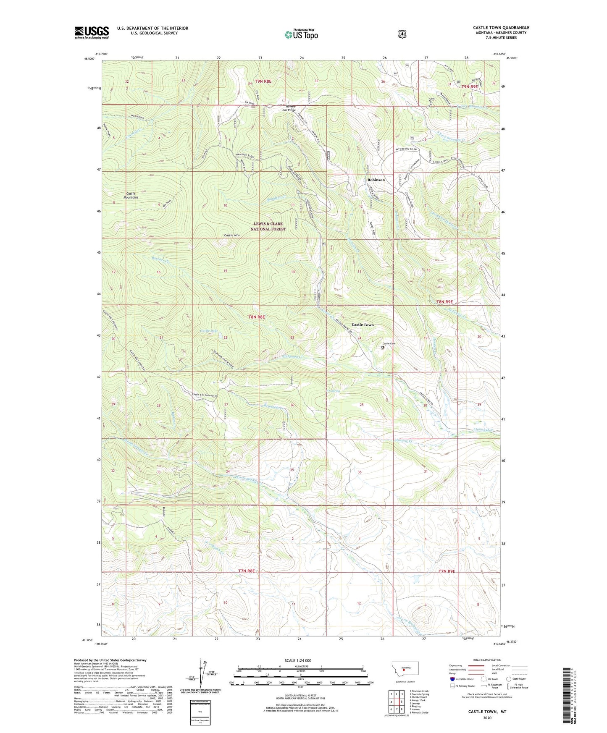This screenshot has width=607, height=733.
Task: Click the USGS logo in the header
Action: coord(92,32)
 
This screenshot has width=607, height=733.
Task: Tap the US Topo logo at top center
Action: coord(301,34)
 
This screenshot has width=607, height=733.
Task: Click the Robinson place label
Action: coord(376,180)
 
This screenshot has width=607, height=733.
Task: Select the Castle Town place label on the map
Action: coord(362,325)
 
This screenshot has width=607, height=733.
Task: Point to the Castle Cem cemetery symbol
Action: coord(382,348)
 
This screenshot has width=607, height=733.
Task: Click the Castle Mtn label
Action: coord(231,236)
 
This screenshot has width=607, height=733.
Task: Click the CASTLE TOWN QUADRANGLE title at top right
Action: coord(501,28)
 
